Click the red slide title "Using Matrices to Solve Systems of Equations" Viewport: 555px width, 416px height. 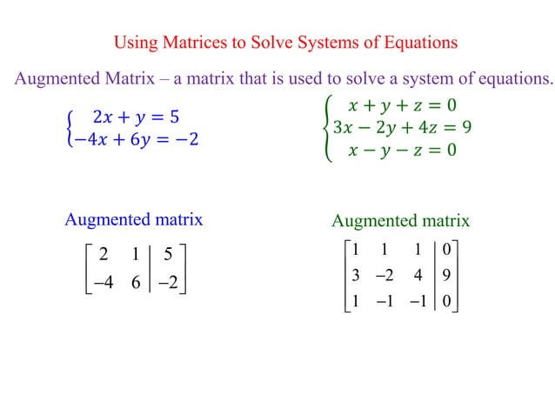point(286,42)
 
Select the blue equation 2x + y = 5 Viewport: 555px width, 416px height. point(136,117)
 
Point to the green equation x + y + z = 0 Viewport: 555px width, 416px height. point(402,106)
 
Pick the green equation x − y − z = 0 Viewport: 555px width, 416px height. point(402,150)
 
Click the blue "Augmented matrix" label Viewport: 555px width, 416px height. point(133,219)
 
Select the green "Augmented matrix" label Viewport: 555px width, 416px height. point(400,221)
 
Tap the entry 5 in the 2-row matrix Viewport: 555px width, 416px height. point(168,256)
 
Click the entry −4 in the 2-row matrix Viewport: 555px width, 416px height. point(104,283)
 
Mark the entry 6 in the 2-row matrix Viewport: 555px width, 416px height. point(135,283)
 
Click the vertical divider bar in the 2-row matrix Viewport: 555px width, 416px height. point(151,269)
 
